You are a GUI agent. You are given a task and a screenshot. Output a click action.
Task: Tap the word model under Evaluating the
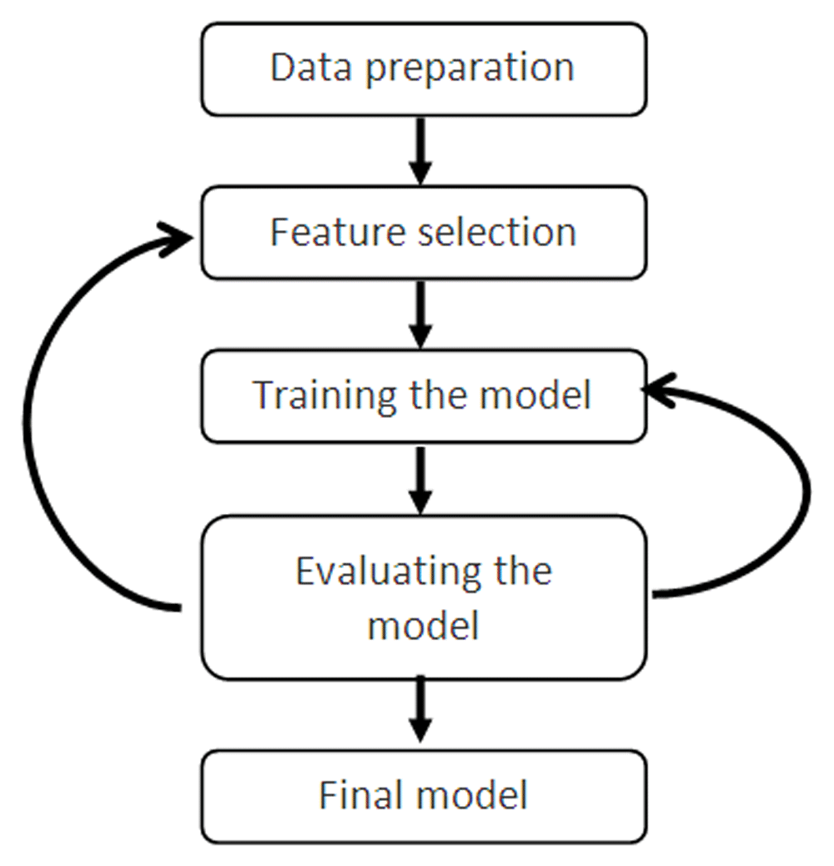click(x=424, y=625)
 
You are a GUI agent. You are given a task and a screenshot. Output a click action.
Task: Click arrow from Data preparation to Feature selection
click(x=421, y=150)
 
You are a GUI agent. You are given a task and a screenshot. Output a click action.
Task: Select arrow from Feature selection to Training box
click(x=421, y=314)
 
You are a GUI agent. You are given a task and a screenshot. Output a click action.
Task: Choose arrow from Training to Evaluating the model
click(x=421, y=479)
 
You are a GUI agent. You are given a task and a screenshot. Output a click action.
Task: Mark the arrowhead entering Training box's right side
click(x=661, y=389)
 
